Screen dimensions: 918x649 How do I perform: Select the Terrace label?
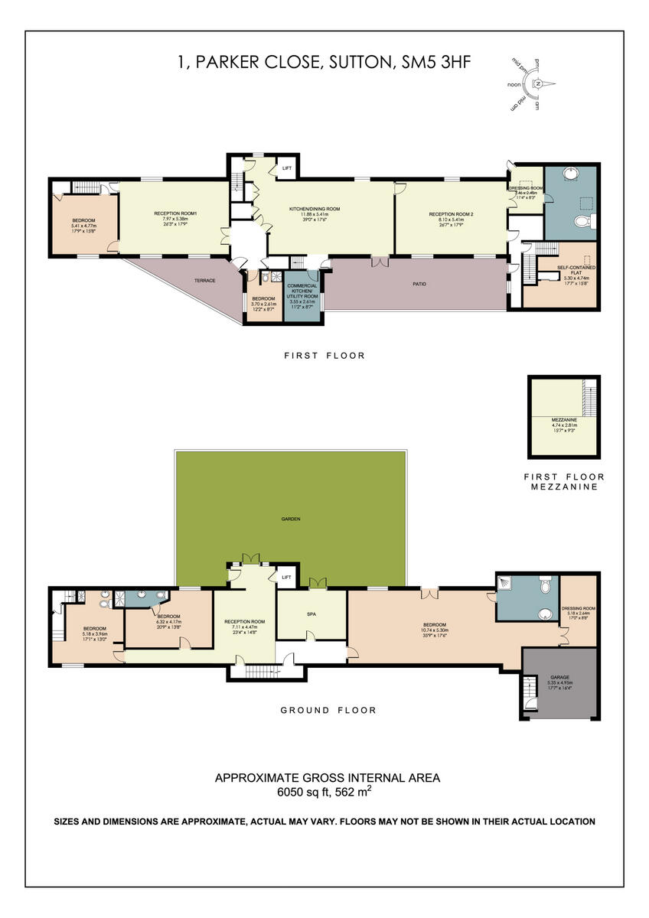204,281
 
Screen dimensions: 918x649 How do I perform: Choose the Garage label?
559,677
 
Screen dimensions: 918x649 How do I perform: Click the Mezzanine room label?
563,421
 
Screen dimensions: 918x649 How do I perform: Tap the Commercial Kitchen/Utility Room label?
302,291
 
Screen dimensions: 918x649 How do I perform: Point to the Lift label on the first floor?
287,168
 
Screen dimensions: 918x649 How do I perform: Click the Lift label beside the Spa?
287,578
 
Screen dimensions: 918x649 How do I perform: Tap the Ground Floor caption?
328,710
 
